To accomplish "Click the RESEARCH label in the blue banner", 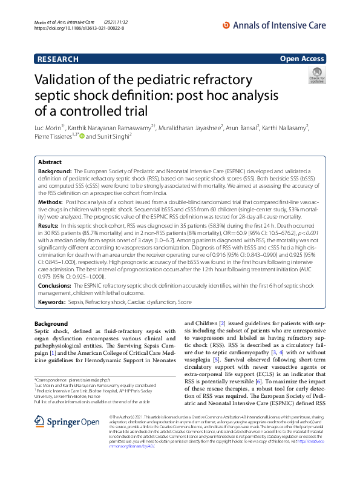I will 57,59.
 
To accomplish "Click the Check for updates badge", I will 316,76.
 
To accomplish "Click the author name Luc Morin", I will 48,128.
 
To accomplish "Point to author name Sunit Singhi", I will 116,137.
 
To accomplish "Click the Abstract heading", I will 50,163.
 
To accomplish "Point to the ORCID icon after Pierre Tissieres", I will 82,137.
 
